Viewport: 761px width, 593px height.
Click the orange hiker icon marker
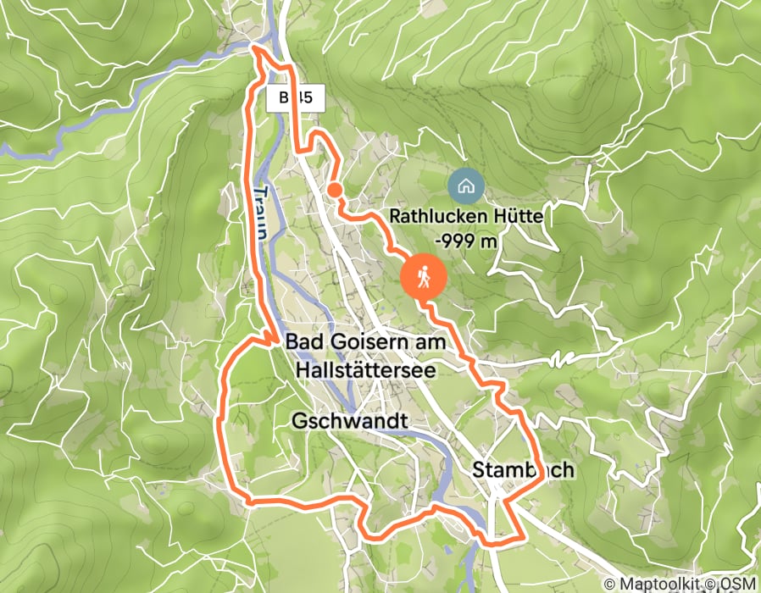(x=422, y=276)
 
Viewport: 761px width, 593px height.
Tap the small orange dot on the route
(x=335, y=190)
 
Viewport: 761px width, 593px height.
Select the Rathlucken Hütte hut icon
(x=464, y=184)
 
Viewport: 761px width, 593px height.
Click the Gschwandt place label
(x=349, y=420)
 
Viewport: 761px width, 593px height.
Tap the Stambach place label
(x=524, y=470)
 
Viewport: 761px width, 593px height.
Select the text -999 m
(x=465, y=241)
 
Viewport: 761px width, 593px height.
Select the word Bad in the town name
(x=303, y=342)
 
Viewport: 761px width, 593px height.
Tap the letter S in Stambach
(x=480, y=470)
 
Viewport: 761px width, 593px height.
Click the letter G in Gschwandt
(x=298, y=420)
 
